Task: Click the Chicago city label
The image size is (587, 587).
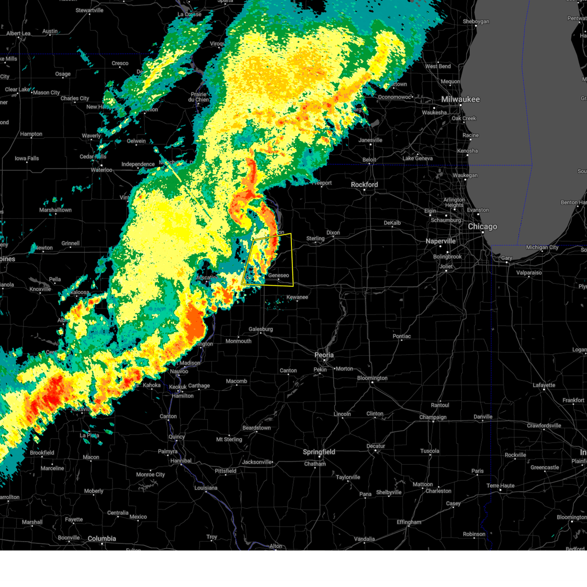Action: (x=482, y=227)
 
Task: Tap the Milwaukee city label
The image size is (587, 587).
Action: (x=460, y=99)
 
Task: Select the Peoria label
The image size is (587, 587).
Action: (x=324, y=355)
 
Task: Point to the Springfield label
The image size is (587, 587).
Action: (x=319, y=452)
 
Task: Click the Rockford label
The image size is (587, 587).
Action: (x=364, y=185)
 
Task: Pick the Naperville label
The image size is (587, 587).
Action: (x=440, y=241)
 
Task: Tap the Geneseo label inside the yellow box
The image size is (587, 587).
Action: (x=279, y=275)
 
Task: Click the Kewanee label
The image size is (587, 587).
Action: (x=297, y=297)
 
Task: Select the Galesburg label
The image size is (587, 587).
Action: (x=261, y=329)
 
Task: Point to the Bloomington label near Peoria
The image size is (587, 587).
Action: (x=372, y=378)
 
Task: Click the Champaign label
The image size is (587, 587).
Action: (x=433, y=417)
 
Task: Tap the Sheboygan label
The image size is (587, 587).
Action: (x=476, y=22)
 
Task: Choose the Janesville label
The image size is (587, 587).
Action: (x=370, y=140)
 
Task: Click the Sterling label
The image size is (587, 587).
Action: (x=316, y=239)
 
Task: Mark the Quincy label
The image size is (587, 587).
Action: (x=177, y=437)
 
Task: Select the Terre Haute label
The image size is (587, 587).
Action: (x=500, y=486)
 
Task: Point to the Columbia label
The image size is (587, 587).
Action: (x=102, y=539)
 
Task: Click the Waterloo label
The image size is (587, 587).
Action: (x=102, y=170)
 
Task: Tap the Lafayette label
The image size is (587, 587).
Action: (x=544, y=385)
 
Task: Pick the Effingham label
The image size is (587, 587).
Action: (x=409, y=522)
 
